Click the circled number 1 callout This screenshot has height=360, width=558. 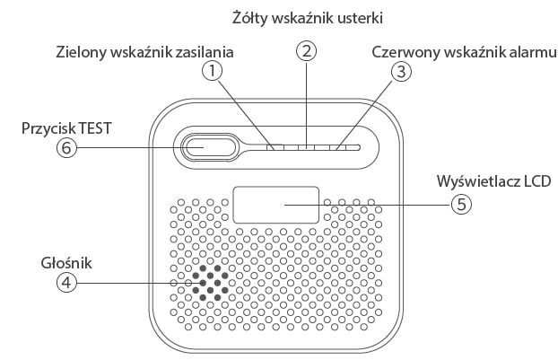pos(212,68)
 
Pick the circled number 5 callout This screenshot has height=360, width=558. pos(460,204)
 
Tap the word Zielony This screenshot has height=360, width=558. pos(83,52)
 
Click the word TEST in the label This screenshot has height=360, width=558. pos(95,128)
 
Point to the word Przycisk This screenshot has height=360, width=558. pos(48,128)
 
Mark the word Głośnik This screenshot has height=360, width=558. pos(65,262)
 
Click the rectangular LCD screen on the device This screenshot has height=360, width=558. pos(276,205)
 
